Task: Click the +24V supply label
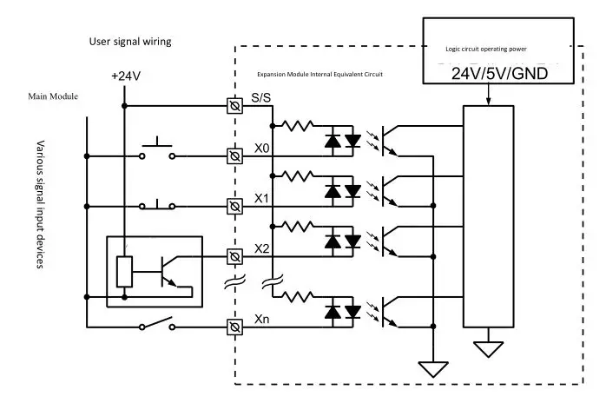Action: click(126, 76)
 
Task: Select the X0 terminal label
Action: click(261, 149)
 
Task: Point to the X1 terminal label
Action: click(261, 198)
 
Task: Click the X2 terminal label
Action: click(261, 248)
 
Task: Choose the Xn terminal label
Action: click(261, 320)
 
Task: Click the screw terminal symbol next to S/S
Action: click(234, 106)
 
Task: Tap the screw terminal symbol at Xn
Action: click(234, 327)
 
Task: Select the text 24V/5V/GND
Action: click(499, 75)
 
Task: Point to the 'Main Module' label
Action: click(53, 96)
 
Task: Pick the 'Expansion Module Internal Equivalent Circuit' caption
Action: click(320, 75)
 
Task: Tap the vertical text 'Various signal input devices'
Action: click(40, 204)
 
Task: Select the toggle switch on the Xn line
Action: click(156, 323)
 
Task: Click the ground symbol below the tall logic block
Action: click(489, 349)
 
